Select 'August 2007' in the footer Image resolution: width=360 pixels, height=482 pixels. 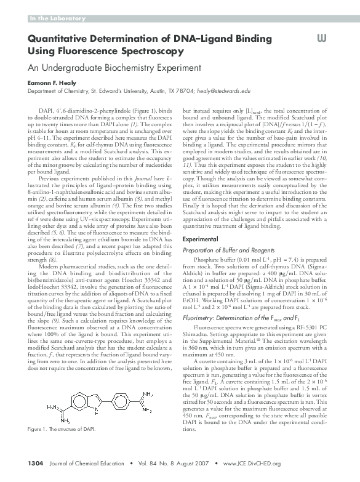(x=190, y=464)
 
